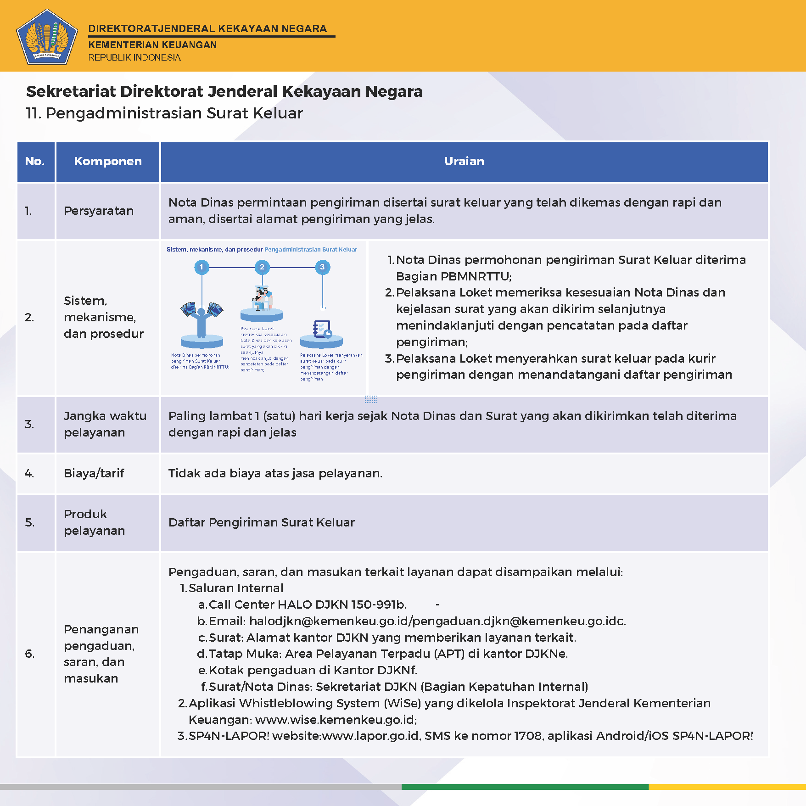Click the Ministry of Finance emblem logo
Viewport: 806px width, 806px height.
(47, 37)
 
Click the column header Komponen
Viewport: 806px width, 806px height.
(108, 161)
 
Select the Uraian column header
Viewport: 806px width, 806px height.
(464, 161)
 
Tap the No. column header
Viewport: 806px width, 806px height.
(35, 161)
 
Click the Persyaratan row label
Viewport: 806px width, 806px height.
(99, 211)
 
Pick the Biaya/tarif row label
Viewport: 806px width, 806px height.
(94, 473)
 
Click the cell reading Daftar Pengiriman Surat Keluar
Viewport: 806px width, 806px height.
(262, 522)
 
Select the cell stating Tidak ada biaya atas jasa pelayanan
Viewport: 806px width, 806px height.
(275, 473)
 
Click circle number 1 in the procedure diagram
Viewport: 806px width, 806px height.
(201, 267)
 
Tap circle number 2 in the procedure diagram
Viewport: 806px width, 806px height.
(262, 267)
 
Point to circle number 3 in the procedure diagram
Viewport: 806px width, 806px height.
(322, 267)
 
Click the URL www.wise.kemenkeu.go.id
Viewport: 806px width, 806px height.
(335, 719)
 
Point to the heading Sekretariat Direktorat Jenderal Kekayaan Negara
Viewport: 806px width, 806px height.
(224, 91)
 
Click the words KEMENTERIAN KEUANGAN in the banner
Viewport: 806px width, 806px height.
(152, 45)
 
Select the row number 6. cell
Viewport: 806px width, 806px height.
(30, 654)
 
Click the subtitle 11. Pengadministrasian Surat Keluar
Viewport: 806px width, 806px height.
(164, 113)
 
